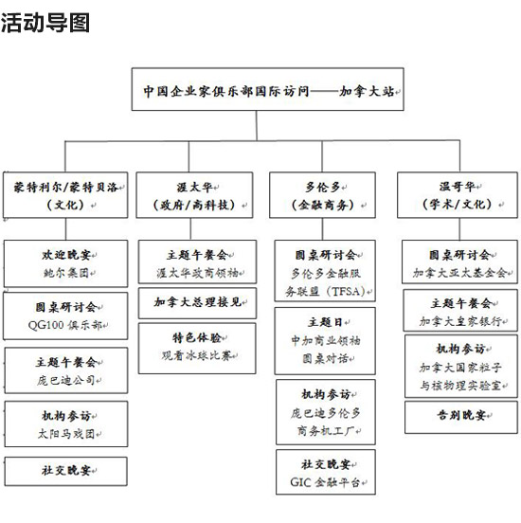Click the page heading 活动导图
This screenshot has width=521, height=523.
pyautogui.click(x=45, y=23)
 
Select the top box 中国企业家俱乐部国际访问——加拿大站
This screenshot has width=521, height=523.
pyautogui.click(x=267, y=89)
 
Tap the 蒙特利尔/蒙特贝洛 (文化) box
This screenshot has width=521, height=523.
pyautogui.click(x=65, y=195)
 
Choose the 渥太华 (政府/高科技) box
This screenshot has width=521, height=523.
pyautogui.click(x=194, y=195)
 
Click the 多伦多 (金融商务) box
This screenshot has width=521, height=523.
pyautogui.click(x=322, y=195)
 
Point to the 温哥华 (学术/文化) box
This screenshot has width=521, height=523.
pyautogui.click(x=458, y=195)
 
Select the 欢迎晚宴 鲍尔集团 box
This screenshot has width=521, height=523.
pyautogui.click(x=65, y=263)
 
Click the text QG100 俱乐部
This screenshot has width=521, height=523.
pyautogui.click(x=65, y=325)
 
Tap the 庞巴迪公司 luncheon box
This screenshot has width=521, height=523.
pyautogui.click(x=66, y=370)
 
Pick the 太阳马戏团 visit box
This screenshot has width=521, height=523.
pyautogui.click(x=66, y=424)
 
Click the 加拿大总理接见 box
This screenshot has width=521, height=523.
pyautogui.click(x=197, y=303)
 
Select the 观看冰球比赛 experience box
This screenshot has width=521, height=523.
pyautogui.click(x=197, y=349)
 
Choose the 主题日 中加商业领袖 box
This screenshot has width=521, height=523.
pyautogui.click(x=325, y=341)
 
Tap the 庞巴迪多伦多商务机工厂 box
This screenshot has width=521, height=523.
pyautogui.click(x=326, y=412)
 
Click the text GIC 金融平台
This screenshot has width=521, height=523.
pyautogui.click(x=325, y=482)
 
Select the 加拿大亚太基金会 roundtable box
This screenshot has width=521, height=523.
pyautogui.click(x=459, y=261)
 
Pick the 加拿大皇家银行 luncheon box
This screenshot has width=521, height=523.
pyautogui.click(x=460, y=311)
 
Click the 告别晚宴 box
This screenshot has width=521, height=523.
pyautogui.click(x=461, y=417)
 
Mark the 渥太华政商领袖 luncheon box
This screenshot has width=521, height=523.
pyautogui.click(x=197, y=261)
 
